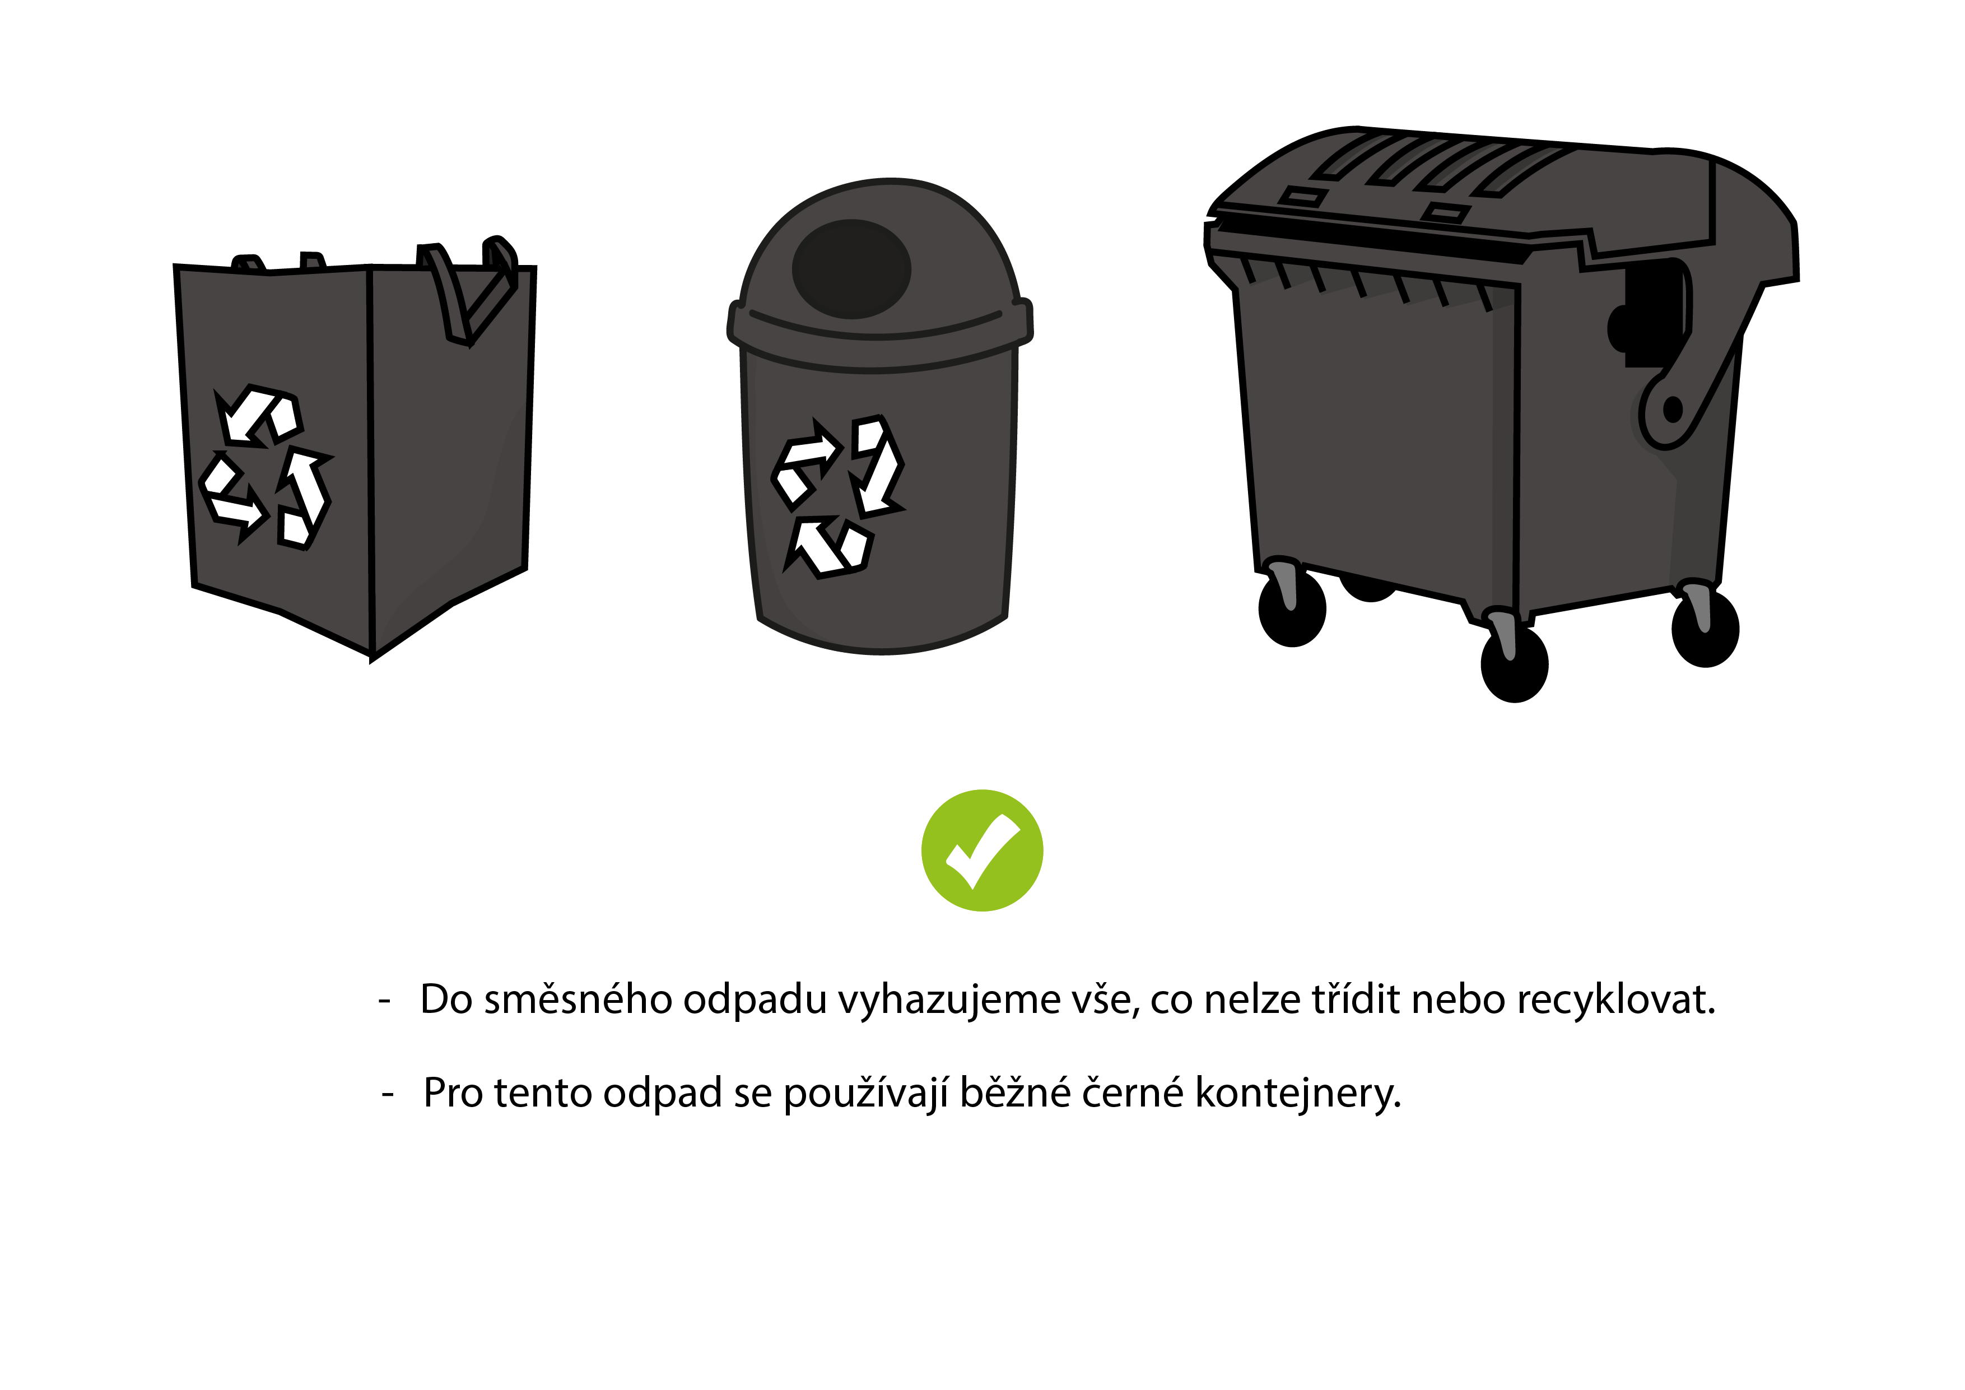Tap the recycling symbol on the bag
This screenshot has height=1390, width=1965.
coord(266,467)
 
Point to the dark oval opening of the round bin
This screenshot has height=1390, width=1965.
coord(851,269)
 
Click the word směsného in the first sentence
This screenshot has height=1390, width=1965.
coord(579,999)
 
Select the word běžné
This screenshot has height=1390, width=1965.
coord(1015,1093)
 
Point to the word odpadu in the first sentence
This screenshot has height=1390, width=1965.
coord(755,999)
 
